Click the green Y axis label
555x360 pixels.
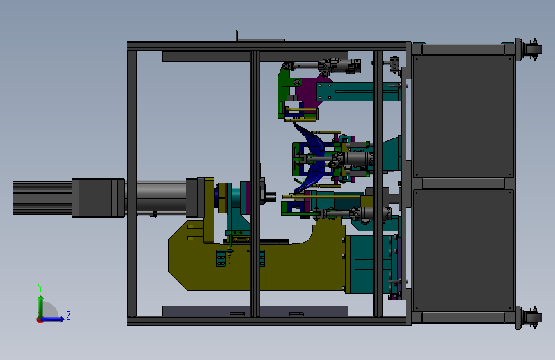click(x=40, y=288)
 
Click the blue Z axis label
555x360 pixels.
click(x=68, y=315)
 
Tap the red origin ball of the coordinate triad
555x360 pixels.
click(x=40, y=320)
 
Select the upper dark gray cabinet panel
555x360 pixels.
click(x=463, y=116)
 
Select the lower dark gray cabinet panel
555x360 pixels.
click(x=463, y=250)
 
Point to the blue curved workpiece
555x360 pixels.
click(x=312, y=158)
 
